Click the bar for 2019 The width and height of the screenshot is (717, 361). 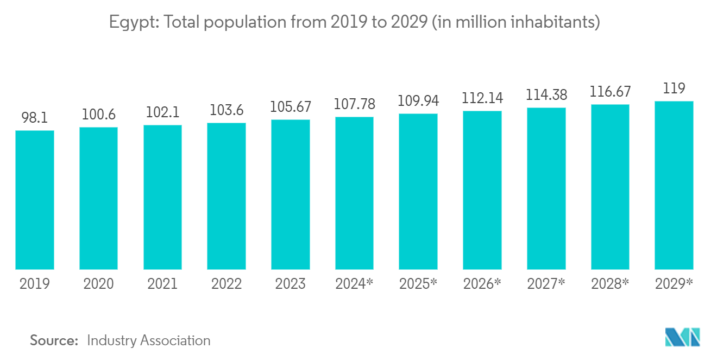[35, 200]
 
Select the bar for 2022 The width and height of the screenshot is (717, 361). [227, 196]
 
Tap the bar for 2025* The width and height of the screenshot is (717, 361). [418, 191]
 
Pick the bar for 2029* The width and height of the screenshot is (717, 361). [674, 185]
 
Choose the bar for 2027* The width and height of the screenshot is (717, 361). [546, 188]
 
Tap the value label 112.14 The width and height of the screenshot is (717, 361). [482, 99]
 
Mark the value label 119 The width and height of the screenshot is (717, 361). [674, 89]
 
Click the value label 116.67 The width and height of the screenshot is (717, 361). [610, 92]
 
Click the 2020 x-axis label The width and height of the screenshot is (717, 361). [98, 284]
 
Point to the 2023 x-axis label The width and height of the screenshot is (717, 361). [290, 284]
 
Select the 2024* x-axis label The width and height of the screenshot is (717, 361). [354, 284]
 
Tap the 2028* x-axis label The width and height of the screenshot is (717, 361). [610, 284]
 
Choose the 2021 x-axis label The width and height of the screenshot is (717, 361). [162, 284]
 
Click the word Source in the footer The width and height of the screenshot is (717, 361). [54, 341]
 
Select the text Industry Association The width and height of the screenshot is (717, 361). [148, 341]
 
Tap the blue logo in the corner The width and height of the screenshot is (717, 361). [683, 337]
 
